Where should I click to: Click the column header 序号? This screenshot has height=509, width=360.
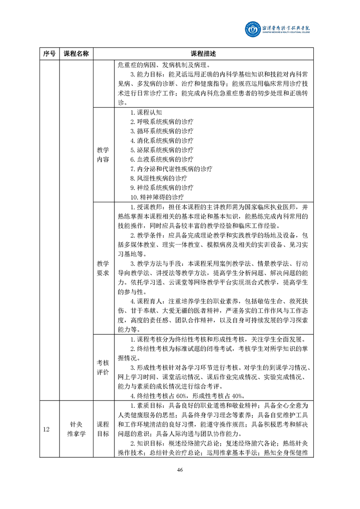pyautogui.click(x=49, y=54)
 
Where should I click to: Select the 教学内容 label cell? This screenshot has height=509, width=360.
pyautogui.click(x=103, y=154)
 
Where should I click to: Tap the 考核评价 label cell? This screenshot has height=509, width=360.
pyautogui.click(x=103, y=367)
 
